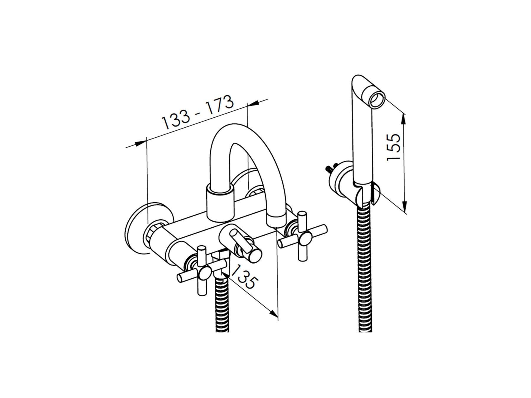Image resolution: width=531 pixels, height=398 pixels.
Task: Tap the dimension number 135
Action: coord(243,277)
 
